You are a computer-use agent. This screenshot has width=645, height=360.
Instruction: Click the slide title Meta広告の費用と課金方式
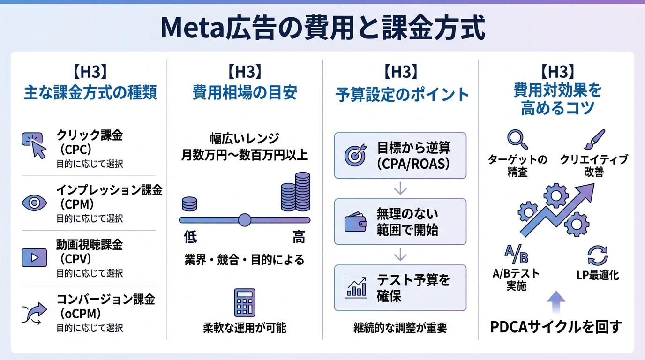coord(322,29)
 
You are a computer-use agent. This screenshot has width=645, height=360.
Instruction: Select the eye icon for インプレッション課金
coord(34,202)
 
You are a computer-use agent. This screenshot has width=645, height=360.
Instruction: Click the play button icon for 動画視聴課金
coord(34,257)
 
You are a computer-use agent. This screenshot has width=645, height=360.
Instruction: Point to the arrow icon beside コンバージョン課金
coord(34,312)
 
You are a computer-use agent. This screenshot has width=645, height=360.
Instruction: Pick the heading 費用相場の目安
coord(245,92)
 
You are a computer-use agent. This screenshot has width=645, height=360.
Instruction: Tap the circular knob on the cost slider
coord(245,219)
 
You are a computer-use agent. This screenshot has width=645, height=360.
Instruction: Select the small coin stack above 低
coord(189,204)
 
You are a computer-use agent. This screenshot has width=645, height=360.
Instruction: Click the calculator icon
coord(244,302)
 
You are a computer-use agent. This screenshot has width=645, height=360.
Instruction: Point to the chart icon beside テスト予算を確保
coord(355,288)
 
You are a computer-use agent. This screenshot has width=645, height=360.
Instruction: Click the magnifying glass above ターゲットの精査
coord(517,139)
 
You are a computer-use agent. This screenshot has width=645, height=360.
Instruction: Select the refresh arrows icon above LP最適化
coord(597,256)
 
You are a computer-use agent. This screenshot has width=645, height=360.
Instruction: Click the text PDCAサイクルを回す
coord(555,327)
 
